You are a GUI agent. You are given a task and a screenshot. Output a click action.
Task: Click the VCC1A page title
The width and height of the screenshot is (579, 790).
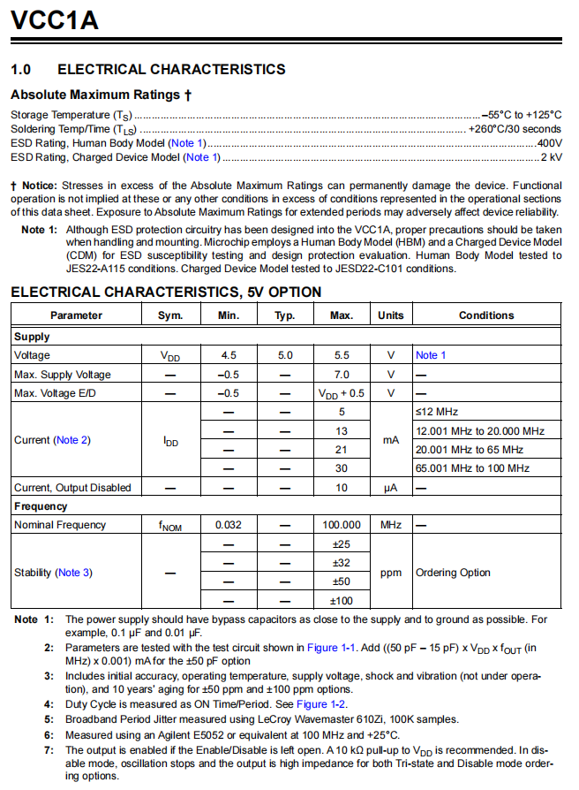[54, 19]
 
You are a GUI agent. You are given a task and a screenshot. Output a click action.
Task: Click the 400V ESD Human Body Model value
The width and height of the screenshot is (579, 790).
[548, 143]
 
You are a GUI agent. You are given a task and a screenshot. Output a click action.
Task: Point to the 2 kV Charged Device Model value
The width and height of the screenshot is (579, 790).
[551, 157]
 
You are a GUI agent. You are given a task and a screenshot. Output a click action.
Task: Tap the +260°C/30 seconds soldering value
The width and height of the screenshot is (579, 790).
[515, 129]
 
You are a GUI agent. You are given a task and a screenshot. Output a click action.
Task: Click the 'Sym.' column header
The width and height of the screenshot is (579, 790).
[170, 315]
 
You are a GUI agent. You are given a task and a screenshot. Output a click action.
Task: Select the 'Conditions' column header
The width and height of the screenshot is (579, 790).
[485, 315]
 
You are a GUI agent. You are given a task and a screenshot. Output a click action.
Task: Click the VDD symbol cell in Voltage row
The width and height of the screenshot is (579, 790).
[170, 355]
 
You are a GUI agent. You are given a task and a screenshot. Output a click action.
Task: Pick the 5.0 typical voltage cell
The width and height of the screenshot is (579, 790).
[285, 355]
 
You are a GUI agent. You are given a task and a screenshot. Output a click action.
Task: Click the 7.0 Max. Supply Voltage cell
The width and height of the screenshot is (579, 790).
[341, 375]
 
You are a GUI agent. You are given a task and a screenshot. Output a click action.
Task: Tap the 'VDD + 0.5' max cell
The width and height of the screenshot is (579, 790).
[341, 393]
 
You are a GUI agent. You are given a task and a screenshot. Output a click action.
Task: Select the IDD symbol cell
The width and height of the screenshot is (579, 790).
[170, 440]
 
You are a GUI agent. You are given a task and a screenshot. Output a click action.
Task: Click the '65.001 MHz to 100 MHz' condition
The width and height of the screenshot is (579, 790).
[472, 468]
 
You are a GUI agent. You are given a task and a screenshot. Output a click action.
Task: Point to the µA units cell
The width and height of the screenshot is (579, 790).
[390, 488]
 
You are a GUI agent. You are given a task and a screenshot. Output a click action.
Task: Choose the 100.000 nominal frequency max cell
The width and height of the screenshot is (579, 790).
[341, 525]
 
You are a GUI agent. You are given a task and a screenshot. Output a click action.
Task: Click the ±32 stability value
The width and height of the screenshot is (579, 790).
[341, 563]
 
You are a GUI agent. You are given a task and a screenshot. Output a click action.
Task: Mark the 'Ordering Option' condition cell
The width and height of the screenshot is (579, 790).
[453, 573]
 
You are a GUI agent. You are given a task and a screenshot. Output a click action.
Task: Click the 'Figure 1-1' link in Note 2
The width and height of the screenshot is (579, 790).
[335, 649]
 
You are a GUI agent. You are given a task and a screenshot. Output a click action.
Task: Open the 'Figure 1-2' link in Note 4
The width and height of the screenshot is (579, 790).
[324, 704]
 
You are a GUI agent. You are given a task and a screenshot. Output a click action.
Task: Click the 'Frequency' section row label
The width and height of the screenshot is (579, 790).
[41, 506]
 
